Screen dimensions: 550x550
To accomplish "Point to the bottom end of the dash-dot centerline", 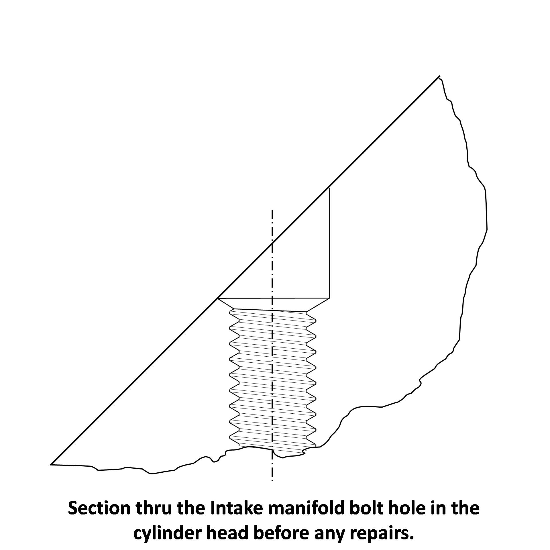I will coord(272,481).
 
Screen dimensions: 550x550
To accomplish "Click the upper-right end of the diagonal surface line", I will coord(439,76).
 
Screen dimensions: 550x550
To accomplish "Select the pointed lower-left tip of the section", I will coord(51,464).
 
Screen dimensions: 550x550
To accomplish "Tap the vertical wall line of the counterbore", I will coord(330,243).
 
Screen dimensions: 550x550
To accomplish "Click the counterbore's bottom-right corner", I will coord(330,298).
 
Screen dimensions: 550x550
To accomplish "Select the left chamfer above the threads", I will coord(226,304).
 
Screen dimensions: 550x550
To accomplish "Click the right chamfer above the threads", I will coord(318,305).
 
